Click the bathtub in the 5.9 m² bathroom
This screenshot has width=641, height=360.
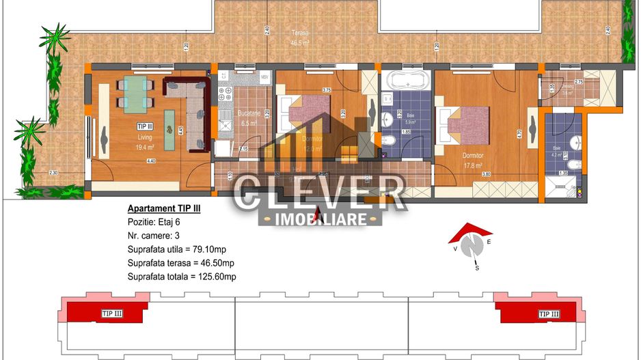tap(407, 81)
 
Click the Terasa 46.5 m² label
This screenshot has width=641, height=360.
tap(300, 37)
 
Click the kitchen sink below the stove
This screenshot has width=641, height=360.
tap(223, 125)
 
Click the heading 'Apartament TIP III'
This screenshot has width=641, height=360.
tap(164, 208)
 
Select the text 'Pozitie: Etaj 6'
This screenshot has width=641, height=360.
tap(154, 222)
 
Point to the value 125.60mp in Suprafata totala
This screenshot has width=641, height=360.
tap(213, 277)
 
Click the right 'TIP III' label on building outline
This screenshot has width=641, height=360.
tap(549, 314)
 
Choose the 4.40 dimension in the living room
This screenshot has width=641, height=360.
tap(150, 161)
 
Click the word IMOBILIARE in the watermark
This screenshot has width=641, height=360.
tap(320, 219)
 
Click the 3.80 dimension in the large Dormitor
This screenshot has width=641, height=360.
tap(486, 174)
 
